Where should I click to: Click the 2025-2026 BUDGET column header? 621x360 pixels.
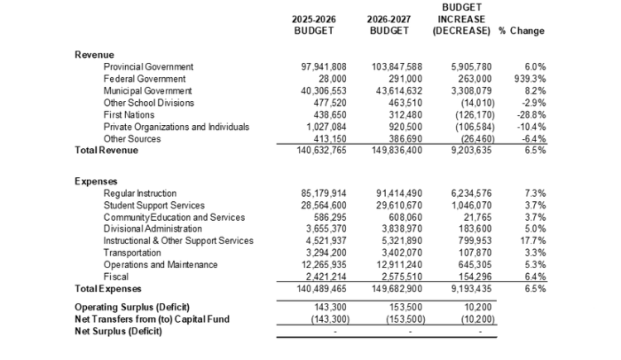pos(313,25)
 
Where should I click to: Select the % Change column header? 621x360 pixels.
pos(522,31)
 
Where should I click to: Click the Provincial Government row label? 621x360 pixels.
pos(148,66)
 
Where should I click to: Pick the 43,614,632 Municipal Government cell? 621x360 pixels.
pos(387,90)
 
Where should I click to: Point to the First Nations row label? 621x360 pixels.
pos(129,114)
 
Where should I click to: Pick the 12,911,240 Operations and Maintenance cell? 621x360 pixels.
pos(387,265)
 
